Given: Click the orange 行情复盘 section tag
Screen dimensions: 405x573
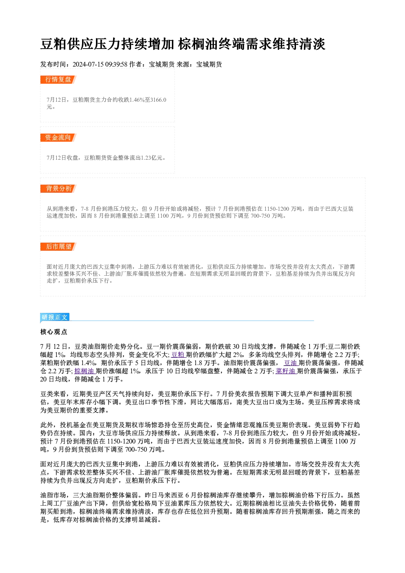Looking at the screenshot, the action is [58, 80].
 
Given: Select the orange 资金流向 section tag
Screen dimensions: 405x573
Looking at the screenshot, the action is [58, 138].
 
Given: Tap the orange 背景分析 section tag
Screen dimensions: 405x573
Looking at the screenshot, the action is [58, 189].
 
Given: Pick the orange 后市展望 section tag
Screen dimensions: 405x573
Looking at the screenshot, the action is [58, 247].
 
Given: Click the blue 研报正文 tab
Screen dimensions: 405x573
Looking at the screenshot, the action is [55, 317].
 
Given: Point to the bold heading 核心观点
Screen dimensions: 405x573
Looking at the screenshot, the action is [54, 332].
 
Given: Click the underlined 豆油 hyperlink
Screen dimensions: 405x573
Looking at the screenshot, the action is [291, 363].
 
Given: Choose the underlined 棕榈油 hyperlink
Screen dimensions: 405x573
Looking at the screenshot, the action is [85, 371].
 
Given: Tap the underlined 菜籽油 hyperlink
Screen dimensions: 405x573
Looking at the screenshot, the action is [286, 371].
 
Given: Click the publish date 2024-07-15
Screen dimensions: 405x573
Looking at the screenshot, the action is [88, 65].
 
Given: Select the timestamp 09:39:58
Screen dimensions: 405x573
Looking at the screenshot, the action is [116, 65].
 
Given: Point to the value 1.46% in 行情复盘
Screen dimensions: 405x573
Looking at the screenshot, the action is [137, 100].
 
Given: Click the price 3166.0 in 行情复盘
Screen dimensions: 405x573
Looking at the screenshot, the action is [158, 100].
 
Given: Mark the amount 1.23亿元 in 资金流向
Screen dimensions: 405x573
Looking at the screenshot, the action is [151, 158].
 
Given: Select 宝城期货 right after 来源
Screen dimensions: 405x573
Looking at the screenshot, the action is [209, 65].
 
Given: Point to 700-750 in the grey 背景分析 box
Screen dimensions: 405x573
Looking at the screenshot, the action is [260, 216].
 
